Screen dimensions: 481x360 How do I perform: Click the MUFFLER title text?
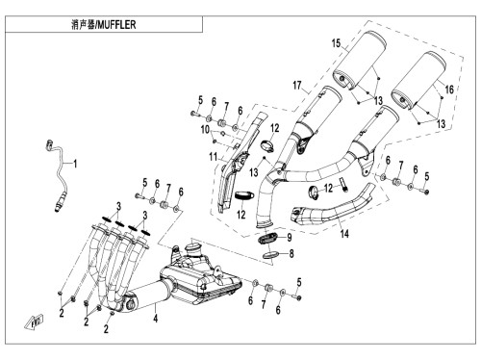point(116,25)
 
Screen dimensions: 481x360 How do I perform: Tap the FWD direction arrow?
point(34,321)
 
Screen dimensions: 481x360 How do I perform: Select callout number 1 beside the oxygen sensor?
point(75,165)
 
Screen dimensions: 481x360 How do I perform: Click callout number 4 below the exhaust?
point(156,319)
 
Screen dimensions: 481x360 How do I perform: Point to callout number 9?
point(290,238)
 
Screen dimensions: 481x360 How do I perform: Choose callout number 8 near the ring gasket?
point(291,254)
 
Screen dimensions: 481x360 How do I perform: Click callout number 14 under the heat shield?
point(344,234)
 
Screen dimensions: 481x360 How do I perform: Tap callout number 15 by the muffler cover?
point(336,43)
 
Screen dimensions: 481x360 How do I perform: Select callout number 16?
point(449,90)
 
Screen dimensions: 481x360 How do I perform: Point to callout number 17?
point(297,86)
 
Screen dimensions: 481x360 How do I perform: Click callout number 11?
point(214,157)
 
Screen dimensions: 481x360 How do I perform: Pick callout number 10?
point(205,130)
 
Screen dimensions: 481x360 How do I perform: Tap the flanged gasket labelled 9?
point(268,239)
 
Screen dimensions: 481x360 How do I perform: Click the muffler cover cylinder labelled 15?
point(359,60)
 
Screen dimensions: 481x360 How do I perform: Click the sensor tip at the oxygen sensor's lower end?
point(59,207)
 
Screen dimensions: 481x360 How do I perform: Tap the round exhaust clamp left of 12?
point(314,193)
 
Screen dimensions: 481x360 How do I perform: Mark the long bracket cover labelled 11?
point(240,162)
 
